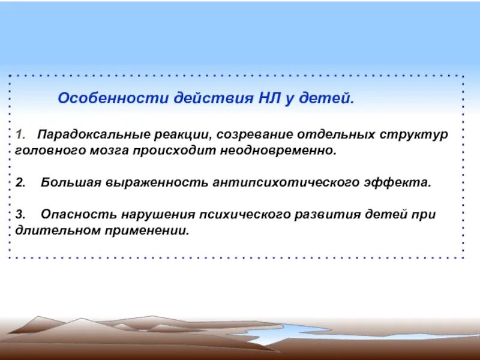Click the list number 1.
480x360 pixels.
pos(19,134)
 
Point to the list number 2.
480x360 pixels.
pos(20,182)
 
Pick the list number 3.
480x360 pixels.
pos(20,214)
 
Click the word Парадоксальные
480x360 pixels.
pos(86,134)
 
